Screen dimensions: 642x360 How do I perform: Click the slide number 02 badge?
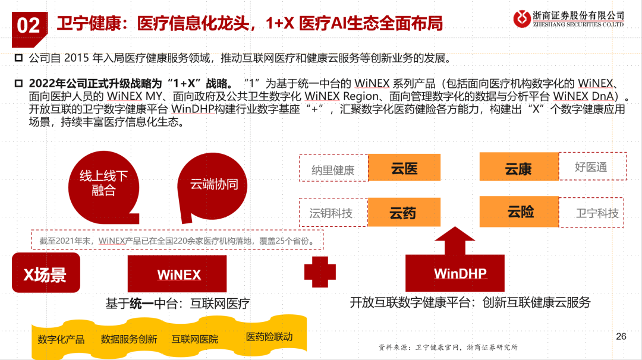(x=28, y=25)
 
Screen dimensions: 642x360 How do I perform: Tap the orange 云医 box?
(x=404, y=168)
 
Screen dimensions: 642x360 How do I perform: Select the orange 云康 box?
(x=518, y=168)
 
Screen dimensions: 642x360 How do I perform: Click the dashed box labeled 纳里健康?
(x=333, y=170)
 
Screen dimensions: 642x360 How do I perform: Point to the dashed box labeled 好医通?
(x=591, y=167)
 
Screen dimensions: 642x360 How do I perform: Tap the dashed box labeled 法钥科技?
(x=332, y=213)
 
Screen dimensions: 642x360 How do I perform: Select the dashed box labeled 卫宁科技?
(x=597, y=213)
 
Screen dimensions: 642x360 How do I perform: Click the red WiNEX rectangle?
(x=177, y=274)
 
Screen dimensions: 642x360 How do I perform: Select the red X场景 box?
(x=46, y=274)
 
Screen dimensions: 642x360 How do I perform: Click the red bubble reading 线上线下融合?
(x=104, y=183)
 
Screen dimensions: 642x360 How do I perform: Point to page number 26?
(x=621, y=336)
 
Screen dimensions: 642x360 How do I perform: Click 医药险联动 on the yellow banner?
(x=269, y=337)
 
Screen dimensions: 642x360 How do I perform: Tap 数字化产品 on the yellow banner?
(x=61, y=339)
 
